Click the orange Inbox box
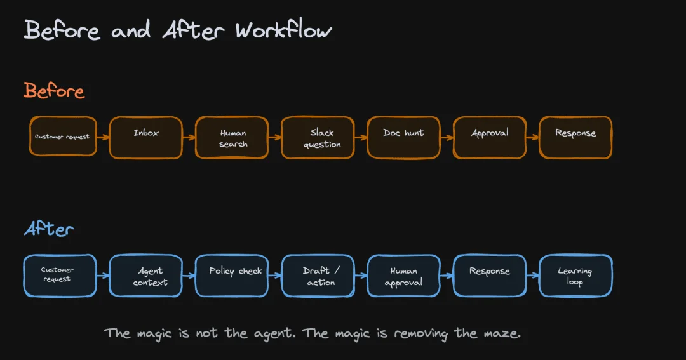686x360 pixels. (145, 137)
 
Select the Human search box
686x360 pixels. (232, 137)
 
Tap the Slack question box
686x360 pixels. (318, 137)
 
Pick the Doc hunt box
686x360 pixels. (403, 137)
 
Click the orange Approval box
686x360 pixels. (490, 137)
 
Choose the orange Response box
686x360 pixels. (575, 137)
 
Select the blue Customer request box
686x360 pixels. (60, 276)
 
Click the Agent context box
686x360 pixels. (145, 276)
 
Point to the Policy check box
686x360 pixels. (232, 276)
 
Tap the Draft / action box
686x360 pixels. (318, 276)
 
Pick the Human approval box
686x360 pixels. (403, 276)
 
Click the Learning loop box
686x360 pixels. (575, 276)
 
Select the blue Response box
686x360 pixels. (490, 276)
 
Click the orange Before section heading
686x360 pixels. (54, 91)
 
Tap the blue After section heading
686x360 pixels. (48, 229)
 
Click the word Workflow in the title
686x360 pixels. (283, 30)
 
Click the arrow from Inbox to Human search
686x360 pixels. (189, 137)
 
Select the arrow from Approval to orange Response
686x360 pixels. (532, 137)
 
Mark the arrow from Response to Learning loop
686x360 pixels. (532, 276)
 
